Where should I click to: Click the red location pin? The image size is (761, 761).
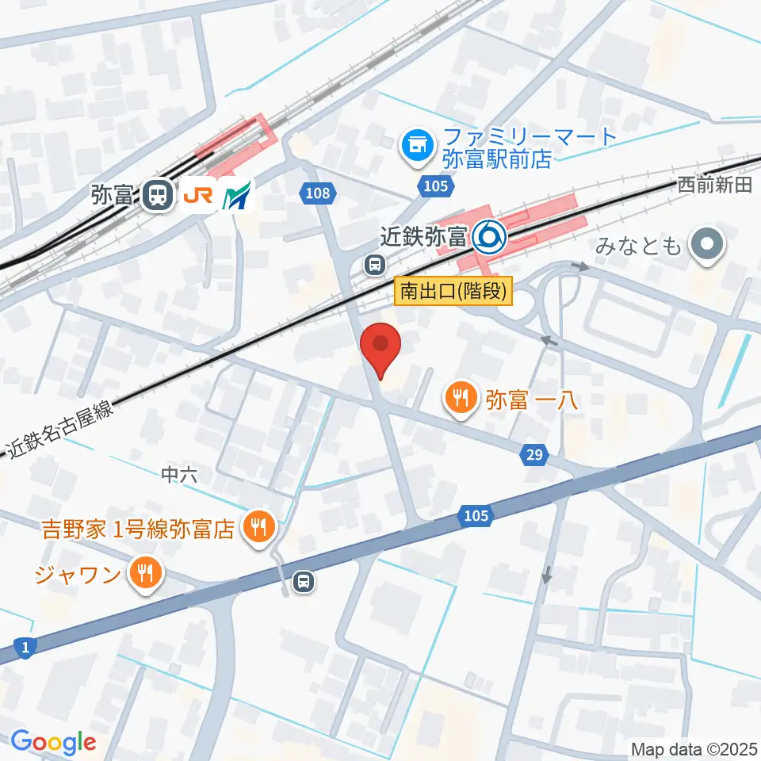coord(380,346)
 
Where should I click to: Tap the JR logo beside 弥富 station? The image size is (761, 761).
coord(198,195)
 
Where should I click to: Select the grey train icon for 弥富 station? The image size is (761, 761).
coord(159,195)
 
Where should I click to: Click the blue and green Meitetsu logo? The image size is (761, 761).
coord(238,195)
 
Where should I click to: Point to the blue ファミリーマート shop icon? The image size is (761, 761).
coord(416,146)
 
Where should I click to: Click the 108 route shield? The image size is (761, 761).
coord(320,191)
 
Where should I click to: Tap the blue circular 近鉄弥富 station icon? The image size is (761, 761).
coord(489,235)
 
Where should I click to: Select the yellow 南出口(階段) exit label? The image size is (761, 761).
coord(453,291)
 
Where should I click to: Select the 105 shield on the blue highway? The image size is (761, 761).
coord(476,516)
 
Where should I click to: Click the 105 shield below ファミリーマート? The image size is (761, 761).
coord(436,185)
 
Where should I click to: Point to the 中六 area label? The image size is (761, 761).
coord(178,475)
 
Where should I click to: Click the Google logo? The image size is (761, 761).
coord(53,743)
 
